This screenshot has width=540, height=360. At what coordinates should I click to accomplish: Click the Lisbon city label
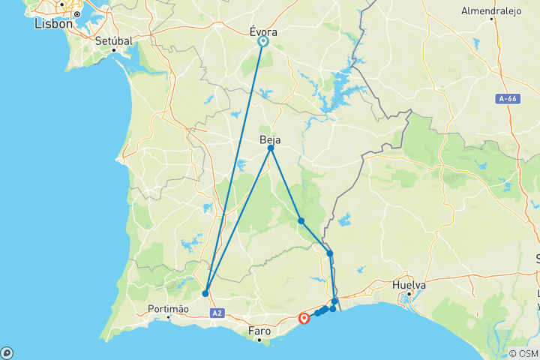[54, 24]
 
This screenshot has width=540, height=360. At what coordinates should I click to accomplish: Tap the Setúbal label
[114, 40]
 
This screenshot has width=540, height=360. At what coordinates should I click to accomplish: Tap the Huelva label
[409, 285]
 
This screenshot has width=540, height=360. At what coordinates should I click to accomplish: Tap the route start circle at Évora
[264, 42]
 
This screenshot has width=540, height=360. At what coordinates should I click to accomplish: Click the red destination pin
[304, 318]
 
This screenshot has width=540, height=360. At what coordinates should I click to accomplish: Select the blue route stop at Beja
[271, 148]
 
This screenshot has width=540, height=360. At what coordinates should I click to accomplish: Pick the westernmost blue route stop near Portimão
[205, 293]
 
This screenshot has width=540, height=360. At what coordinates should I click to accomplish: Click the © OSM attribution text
[522, 353]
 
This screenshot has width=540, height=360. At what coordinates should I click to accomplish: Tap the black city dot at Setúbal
[114, 50]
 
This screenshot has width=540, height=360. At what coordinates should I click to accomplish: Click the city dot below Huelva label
[409, 295]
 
